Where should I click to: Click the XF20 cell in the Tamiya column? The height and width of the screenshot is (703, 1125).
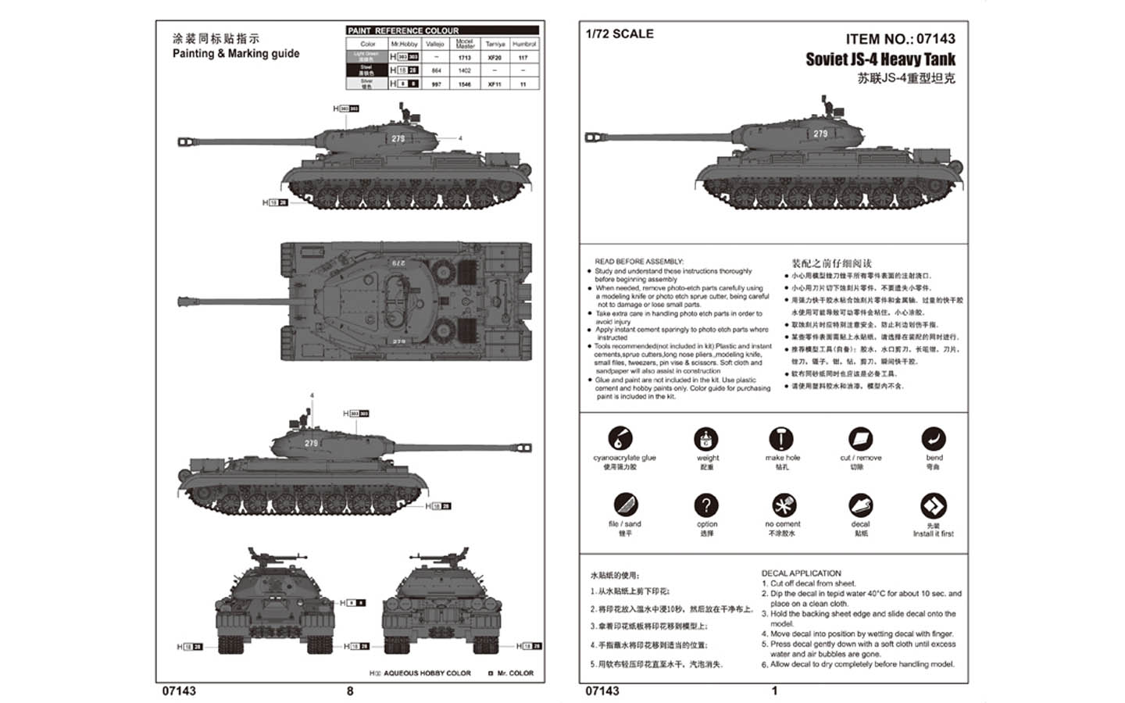pos(494,57)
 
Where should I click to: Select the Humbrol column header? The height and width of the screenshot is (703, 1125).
pos(523,45)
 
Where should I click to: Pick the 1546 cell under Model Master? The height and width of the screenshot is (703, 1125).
pos(465,84)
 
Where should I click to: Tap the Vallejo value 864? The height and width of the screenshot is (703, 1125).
pos(436,70)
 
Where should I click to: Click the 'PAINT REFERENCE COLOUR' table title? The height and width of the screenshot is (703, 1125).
pos(403,30)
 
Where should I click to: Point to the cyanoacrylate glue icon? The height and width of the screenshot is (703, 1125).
pos(620,438)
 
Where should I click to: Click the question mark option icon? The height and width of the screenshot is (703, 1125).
pos(705,505)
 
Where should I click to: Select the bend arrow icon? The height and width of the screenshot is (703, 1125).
pos(934,438)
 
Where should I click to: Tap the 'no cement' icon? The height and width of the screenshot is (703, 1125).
pos(782,505)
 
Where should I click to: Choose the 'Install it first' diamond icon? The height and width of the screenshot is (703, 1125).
pos(934,505)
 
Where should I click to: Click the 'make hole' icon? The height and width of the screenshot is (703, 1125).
pos(780,438)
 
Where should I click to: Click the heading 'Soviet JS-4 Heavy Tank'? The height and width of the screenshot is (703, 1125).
pos(880,59)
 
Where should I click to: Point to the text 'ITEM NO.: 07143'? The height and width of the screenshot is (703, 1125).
pos(900,39)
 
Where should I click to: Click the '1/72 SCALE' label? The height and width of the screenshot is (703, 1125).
pos(620,34)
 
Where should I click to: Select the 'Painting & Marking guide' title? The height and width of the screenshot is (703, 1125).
pos(236,53)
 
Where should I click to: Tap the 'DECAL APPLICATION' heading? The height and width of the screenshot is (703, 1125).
pos(801,573)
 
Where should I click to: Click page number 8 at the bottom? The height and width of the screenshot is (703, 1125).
pos(350,691)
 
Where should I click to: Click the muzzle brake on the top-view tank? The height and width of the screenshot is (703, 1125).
pos(186,301)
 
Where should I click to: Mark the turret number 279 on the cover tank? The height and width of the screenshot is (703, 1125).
pos(820,134)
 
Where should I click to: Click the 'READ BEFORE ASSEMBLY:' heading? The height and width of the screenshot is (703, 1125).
pos(639,262)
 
